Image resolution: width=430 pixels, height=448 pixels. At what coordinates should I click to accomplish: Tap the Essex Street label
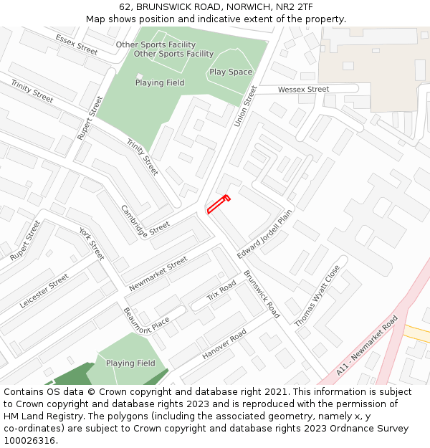[x=76, y=44]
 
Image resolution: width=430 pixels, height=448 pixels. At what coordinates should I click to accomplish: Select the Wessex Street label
[x=303, y=90]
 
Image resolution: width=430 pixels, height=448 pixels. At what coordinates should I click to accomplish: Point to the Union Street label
[x=245, y=106]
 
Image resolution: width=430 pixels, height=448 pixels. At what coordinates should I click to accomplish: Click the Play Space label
[x=231, y=72]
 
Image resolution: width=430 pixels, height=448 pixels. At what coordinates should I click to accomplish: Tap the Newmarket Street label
[x=158, y=274]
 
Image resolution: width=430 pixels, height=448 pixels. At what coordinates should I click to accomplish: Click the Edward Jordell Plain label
[x=265, y=234]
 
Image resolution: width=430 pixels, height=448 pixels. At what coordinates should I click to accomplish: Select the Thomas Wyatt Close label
[x=317, y=295]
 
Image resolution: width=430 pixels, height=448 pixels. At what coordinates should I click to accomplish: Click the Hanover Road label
[x=224, y=344]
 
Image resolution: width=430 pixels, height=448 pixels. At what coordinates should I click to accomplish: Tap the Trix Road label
[x=221, y=291]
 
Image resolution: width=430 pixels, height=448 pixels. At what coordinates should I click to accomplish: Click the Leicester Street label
[x=44, y=290]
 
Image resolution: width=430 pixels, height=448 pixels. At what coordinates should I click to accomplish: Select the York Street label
[x=92, y=244]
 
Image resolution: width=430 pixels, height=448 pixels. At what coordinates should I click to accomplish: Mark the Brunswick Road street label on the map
[x=262, y=294]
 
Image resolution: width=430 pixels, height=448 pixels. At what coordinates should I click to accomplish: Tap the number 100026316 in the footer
[x=29, y=441]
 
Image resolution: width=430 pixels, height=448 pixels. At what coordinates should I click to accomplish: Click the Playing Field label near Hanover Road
[x=130, y=363]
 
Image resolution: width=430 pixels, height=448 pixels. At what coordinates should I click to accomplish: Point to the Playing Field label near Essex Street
[x=160, y=83]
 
